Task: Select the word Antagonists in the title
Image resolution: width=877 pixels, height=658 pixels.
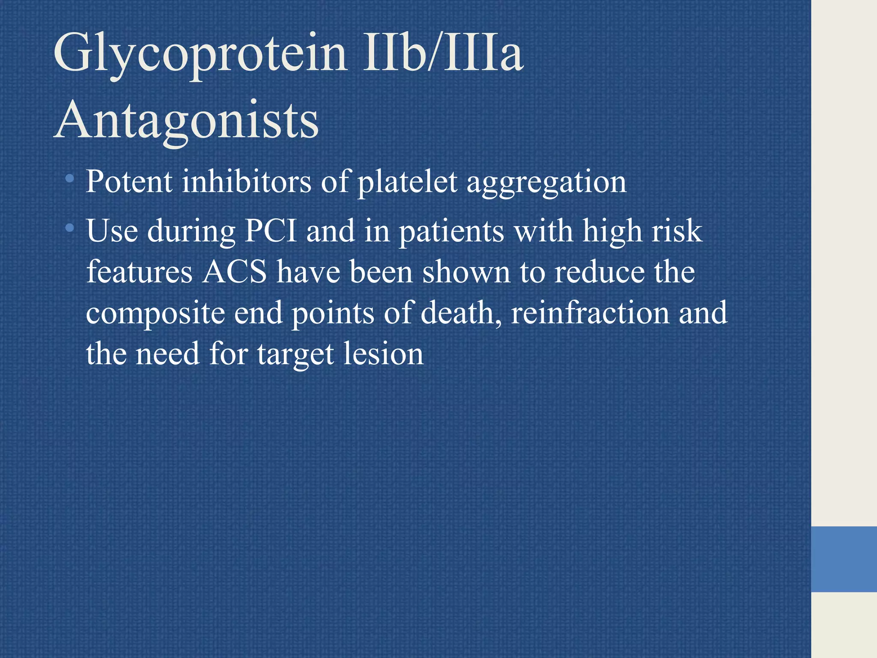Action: [x=186, y=120]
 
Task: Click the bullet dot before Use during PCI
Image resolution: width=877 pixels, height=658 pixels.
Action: [x=70, y=227]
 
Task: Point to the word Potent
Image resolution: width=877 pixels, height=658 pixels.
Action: [x=129, y=182]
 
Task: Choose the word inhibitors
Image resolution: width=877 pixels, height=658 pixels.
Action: [x=246, y=182]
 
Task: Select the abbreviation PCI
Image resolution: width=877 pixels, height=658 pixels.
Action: [x=271, y=231]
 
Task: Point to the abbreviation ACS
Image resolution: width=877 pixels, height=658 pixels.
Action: [x=235, y=272]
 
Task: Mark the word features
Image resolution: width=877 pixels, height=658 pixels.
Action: [x=139, y=272]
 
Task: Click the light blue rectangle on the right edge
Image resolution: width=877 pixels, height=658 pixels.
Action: [x=844, y=559]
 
